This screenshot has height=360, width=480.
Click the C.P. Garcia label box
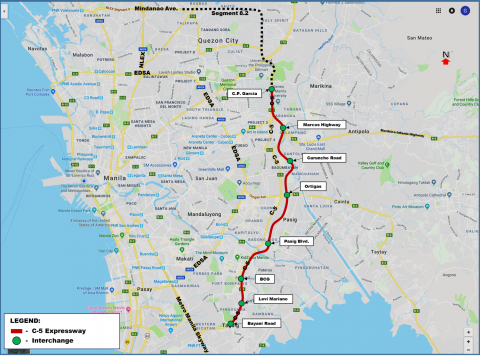pyautogui.click(x=246, y=94)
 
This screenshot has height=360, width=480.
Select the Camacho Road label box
pyautogui.click(x=322, y=158)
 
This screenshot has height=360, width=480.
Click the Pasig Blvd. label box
pyautogui.click(x=300, y=241)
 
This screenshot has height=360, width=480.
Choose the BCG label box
pyautogui.click(x=265, y=279)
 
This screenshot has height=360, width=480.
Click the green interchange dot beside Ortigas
pyautogui.click(x=287, y=194)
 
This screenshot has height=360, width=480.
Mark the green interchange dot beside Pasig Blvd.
pyautogui.click(x=269, y=243)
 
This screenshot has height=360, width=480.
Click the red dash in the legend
pyautogui.click(x=17, y=329)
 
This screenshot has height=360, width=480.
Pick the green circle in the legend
pyautogui.click(x=17, y=340)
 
